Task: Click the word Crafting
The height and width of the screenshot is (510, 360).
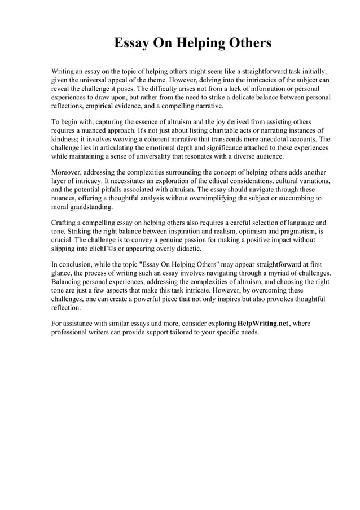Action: coord(65,223)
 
